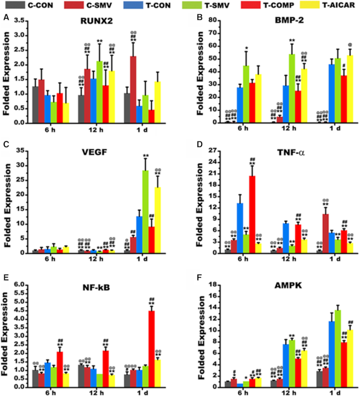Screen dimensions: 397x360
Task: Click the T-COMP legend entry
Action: pos(238,6)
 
